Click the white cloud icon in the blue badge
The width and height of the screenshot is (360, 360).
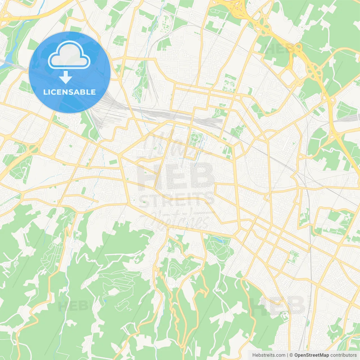coord(69,55)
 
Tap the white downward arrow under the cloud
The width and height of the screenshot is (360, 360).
coord(66,77)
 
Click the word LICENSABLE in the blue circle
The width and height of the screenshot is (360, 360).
coord(69,92)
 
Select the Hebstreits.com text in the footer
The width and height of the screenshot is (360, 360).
coord(269,355)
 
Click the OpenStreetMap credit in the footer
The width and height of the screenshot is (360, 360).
coord(312,355)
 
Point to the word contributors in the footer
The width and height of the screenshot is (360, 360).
coord(343,355)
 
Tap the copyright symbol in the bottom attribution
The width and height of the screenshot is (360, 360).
coord(291,355)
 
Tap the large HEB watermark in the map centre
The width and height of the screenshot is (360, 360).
coord(176,176)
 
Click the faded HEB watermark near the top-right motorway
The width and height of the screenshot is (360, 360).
coord(278,49)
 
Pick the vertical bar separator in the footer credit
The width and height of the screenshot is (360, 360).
coord(287,355)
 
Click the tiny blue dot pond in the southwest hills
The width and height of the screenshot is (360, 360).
coord(105,301)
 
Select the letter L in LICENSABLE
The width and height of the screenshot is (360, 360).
coord(45,92)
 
